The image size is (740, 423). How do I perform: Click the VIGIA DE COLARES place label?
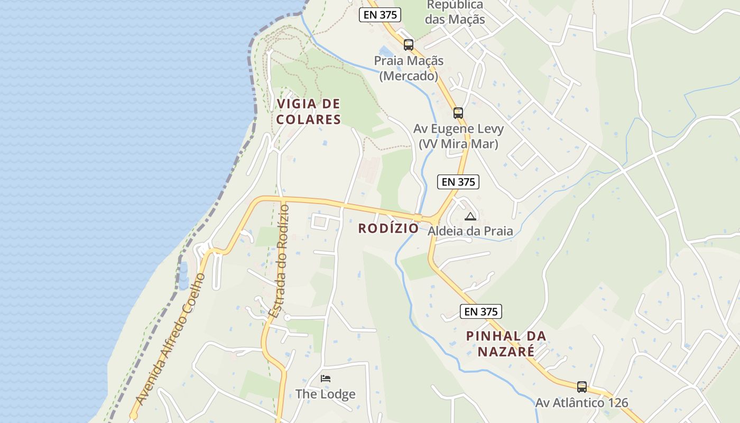click(308, 112)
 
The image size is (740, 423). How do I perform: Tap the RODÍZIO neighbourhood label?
click(388, 228)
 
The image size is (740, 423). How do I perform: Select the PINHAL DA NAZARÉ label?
click(506, 343)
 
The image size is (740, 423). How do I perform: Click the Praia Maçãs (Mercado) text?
click(409, 68)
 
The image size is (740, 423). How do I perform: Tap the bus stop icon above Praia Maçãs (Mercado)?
click(408, 44)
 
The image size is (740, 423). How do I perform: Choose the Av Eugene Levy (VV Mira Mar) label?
click(458, 136)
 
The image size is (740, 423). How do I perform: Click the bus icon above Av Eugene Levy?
click(458, 113)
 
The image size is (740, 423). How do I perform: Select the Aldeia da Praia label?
click(470, 231)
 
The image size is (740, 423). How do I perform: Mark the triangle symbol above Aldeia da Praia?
click(470, 216)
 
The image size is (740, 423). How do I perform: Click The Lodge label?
click(325, 394)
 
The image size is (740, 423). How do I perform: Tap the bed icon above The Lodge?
click(326, 379)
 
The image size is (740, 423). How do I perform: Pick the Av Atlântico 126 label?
click(581, 403)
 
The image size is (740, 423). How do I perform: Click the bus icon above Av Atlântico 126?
click(581, 387)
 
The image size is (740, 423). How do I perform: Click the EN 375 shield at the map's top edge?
click(380, 15)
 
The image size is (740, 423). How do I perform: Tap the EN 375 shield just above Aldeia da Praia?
click(458, 182)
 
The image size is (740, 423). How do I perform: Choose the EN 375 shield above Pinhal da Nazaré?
click(480, 311)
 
